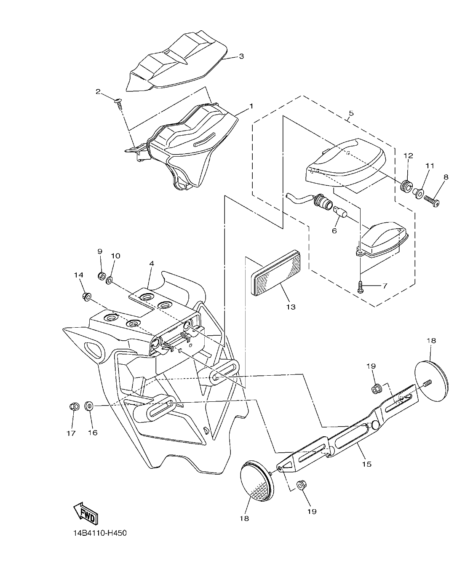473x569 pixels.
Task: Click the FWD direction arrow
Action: pos(86,512)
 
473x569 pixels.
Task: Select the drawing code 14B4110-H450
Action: pos(99,533)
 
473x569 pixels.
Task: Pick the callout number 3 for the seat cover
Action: pos(241,56)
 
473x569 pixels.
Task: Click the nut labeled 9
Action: pos(101,276)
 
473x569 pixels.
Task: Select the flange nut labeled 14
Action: pos(87,297)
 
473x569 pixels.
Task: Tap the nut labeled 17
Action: pos(74,407)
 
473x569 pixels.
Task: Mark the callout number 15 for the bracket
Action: pos(366,464)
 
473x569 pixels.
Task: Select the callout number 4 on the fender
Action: pos(151,263)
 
